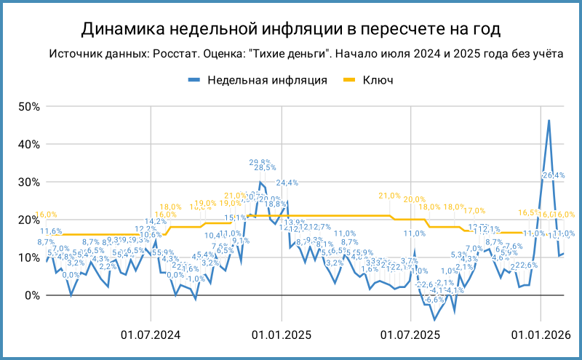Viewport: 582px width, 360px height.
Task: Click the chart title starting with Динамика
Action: (x=291, y=29)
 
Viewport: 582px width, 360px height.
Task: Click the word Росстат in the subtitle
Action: (x=189, y=55)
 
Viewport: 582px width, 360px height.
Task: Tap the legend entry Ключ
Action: (x=378, y=80)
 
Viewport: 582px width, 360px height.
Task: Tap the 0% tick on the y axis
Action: (x=31, y=295)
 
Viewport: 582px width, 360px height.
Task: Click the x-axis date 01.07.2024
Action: (x=151, y=335)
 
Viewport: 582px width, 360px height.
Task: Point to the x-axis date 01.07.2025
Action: (x=411, y=335)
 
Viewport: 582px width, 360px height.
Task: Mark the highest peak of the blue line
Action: (x=549, y=121)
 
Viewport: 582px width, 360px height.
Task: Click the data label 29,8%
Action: (x=260, y=162)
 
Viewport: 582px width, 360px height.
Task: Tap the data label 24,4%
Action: (x=286, y=183)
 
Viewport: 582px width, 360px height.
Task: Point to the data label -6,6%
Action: (x=434, y=299)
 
